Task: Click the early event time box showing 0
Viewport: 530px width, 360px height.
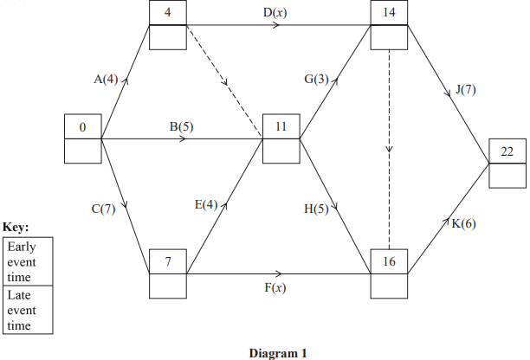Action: click(x=82, y=127)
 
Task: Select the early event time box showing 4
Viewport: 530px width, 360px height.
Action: click(x=167, y=14)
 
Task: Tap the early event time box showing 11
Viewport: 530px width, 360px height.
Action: click(x=281, y=127)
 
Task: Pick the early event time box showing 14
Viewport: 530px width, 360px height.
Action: click(x=391, y=14)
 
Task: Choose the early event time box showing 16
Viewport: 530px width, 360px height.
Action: click(x=391, y=261)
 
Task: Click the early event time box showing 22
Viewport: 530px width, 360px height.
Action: click(x=507, y=151)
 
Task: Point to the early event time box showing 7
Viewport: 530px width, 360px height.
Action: click(x=167, y=261)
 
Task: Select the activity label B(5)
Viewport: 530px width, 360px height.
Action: click(x=182, y=126)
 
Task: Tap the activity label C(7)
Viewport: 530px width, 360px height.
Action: click(x=102, y=209)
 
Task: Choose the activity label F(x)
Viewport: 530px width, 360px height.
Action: click(x=275, y=286)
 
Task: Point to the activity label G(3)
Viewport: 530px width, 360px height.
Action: click(x=316, y=80)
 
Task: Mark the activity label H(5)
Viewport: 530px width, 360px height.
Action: click(x=316, y=209)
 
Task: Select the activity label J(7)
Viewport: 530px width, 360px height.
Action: click(x=466, y=89)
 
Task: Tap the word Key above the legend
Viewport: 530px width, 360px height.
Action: click(x=16, y=227)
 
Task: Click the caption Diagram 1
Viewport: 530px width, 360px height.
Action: click(x=277, y=352)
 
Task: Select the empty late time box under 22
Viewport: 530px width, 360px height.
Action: click(x=507, y=176)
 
